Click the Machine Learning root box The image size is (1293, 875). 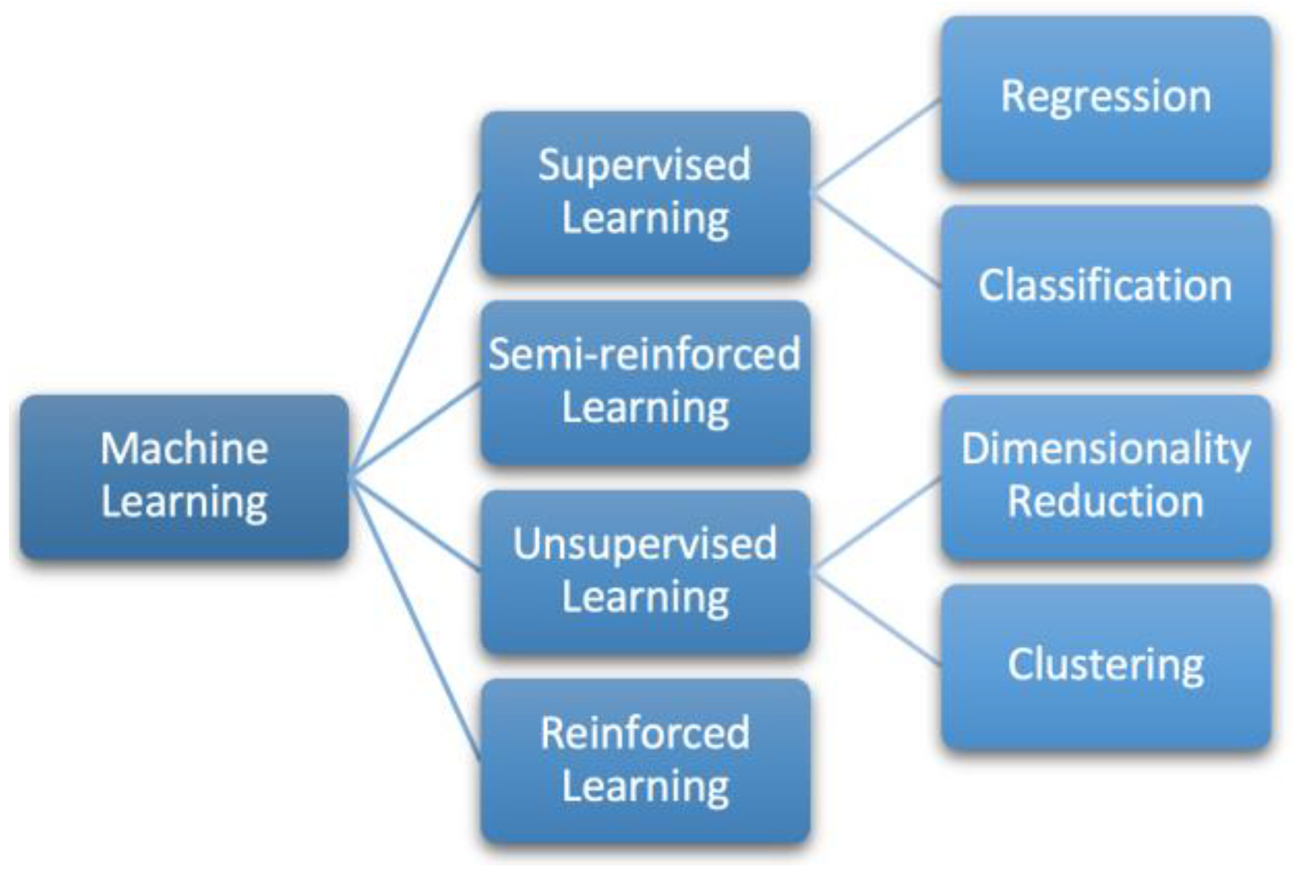184,476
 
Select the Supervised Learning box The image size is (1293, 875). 645,193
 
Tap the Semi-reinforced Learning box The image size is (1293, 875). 645,382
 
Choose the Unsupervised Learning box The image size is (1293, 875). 645,572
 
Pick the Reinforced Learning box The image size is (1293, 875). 645,761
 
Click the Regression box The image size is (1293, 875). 1106,99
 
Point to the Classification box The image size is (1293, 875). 1106,288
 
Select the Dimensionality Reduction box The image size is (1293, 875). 1106,477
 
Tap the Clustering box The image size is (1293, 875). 1106,666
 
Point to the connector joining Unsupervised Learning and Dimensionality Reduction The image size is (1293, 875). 876,524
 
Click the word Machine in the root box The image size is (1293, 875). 184,449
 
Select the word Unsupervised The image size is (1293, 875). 645,544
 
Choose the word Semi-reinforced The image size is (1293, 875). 645,355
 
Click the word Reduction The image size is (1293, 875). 1106,502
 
